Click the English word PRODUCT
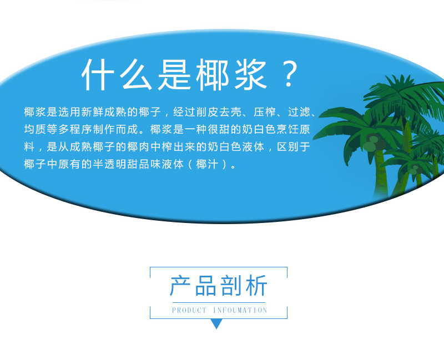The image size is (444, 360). click(x=189, y=311)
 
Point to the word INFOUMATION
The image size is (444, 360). click(x=240, y=311)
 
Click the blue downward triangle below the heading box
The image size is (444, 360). click(x=216, y=324)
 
